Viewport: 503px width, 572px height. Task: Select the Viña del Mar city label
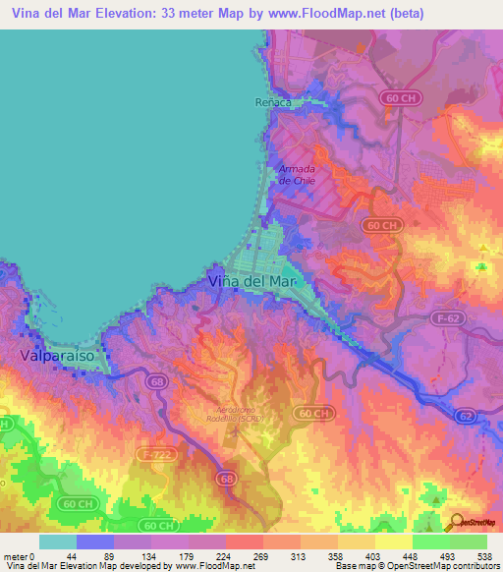click(x=252, y=281)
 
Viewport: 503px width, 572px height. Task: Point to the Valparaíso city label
click(x=51, y=355)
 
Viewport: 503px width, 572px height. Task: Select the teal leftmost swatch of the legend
click(x=57, y=542)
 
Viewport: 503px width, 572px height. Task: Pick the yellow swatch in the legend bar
click(x=393, y=542)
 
